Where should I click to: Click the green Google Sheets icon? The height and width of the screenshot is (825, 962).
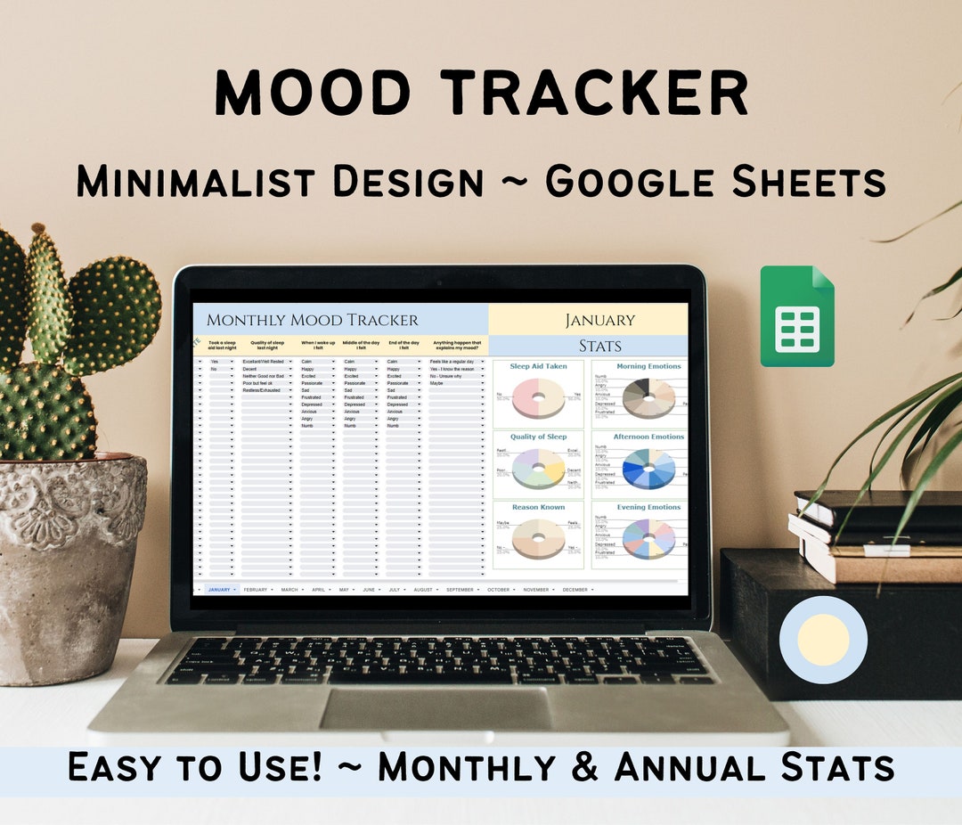pos(796,316)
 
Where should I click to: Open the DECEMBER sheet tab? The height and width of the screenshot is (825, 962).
pos(575,590)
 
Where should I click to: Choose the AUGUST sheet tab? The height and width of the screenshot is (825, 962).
pos(423,590)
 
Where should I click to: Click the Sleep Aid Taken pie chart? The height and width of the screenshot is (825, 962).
pos(538,396)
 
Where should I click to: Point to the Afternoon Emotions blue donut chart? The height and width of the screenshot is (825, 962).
pos(649,468)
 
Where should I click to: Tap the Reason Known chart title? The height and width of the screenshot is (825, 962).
pos(538,507)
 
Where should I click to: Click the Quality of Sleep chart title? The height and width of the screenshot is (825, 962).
pos(538,437)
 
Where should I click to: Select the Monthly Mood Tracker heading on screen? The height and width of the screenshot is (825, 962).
pos(312,320)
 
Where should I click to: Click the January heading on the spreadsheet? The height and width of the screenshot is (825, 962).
pos(599,320)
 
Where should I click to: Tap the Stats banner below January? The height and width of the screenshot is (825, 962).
pos(599,346)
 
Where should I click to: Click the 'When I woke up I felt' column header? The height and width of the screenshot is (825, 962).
pos(318,345)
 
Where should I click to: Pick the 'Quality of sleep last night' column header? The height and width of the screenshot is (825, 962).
pos(265,345)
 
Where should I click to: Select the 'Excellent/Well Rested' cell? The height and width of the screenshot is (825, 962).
pos(263,361)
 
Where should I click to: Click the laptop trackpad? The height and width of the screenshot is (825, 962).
pos(436,709)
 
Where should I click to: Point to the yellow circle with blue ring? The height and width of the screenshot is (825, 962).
pos(823,640)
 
